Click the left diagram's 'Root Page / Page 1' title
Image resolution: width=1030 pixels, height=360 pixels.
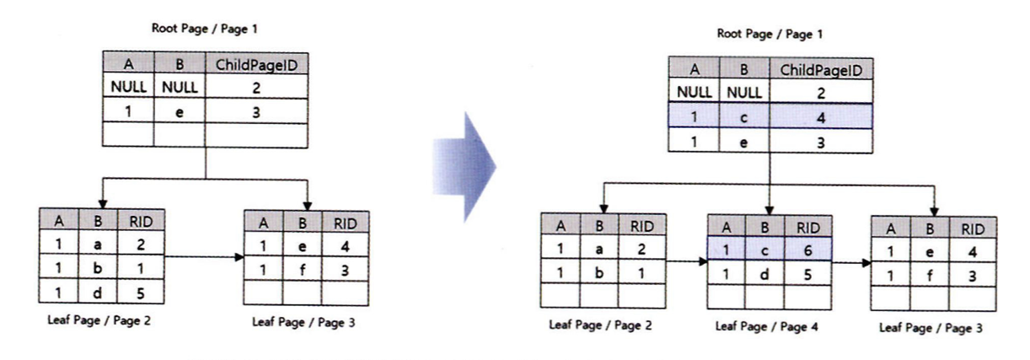pyautogui.click(x=205, y=29)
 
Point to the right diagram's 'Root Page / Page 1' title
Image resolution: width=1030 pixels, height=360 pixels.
pyautogui.click(x=770, y=35)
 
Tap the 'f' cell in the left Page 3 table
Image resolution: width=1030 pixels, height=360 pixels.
pyautogui.click(x=302, y=270)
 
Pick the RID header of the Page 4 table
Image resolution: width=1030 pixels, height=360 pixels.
pyautogui.click(x=807, y=226)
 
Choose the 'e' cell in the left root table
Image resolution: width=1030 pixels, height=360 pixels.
pyautogui.click(x=179, y=110)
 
